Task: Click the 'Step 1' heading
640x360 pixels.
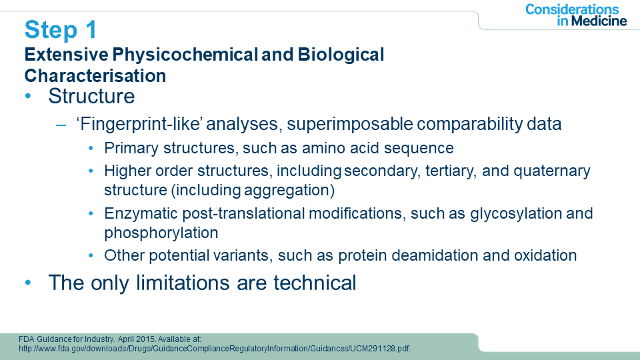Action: click(61, 30)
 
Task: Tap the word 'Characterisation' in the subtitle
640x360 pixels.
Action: click(95, 76)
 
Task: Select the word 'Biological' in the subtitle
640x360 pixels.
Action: click(341, 55)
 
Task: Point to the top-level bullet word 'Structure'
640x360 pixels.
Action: click(91, 96)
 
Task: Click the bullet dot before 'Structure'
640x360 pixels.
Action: click(28, 96)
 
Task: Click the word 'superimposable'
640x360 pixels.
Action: click(350, 124)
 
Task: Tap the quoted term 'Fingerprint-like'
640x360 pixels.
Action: click(139, 124)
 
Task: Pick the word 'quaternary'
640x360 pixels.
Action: click(552, 171)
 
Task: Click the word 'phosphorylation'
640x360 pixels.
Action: click(161, 233)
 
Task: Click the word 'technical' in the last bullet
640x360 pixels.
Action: click(315, 283)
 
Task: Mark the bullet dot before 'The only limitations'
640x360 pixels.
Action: click(28, 283)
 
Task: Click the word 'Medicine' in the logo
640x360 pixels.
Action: click(599, 21)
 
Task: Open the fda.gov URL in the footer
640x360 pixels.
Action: click(215, 349)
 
